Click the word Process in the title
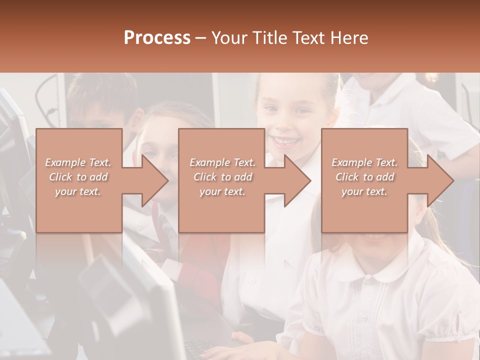click(157, 38)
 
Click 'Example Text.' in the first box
click(78, 162)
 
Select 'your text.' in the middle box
click(222, 191)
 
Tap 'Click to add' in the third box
click(364, 177)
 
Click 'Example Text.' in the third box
click(364, 162)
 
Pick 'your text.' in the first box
click(78, 191)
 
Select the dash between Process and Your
click(201, 38)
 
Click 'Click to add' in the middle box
click(222, 177)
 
